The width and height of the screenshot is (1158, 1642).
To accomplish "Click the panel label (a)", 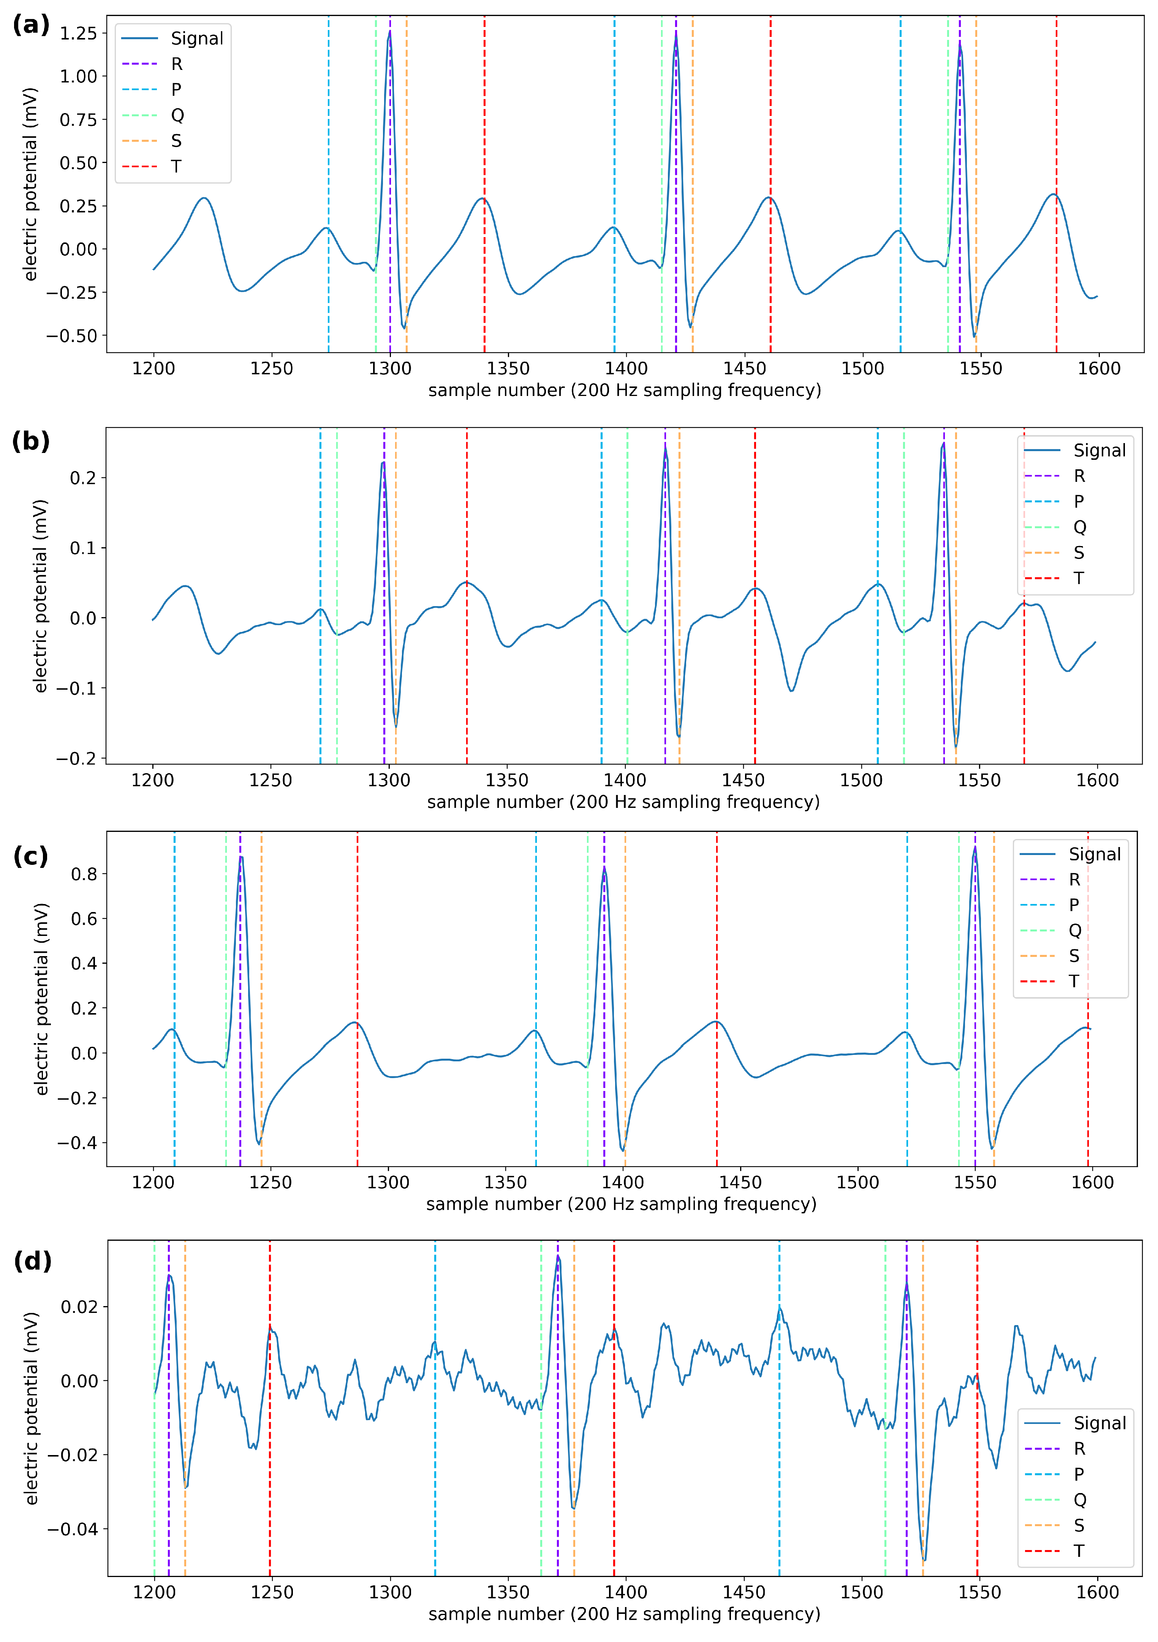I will point(31,25).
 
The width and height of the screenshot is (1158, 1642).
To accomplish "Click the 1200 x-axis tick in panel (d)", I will point(154,1593).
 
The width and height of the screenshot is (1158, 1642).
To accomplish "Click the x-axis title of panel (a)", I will point(624,391).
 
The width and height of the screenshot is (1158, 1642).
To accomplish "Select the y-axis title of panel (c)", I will point(41,999).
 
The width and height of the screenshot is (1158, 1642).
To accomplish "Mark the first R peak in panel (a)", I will point(389,32).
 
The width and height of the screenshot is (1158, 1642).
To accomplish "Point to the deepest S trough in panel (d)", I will point(924,1560).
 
